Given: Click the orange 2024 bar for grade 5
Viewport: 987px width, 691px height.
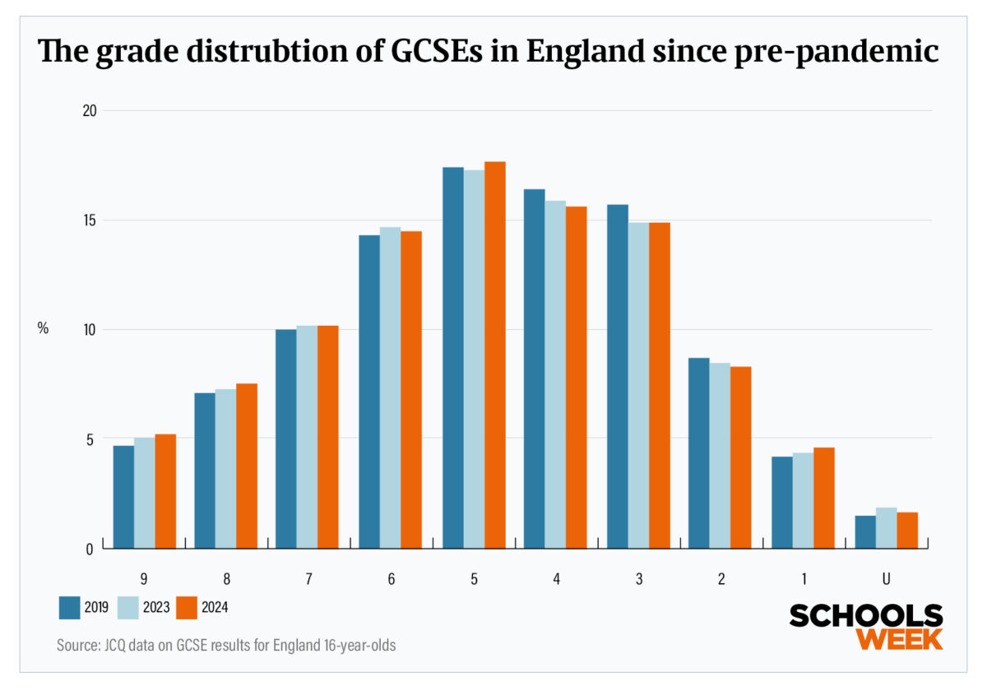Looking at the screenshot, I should (494, 354).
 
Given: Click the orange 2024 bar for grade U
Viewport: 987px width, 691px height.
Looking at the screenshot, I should (907, 531).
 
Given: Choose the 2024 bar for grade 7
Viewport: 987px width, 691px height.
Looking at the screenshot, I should (328, 437).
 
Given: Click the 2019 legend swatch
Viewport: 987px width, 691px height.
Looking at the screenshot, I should (68, 608).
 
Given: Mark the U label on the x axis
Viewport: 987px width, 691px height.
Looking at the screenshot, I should (886, 579).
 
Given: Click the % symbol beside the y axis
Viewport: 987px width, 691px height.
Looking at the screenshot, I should (43, 328).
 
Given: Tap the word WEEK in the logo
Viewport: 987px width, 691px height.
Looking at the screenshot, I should (899, 638).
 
